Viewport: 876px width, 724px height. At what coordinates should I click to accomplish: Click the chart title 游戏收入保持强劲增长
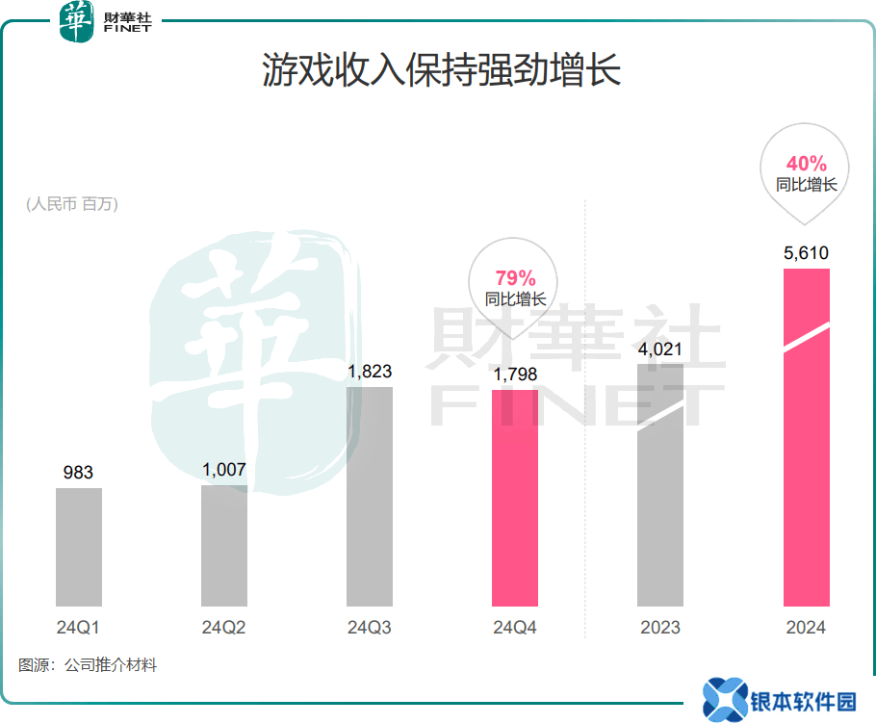tap(441, 71)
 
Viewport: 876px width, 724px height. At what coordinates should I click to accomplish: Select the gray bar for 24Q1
tap(79, 547)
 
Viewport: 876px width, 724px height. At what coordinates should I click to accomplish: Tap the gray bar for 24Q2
tap(224, 545)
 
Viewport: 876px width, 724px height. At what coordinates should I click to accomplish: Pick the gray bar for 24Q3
tap(370, 497)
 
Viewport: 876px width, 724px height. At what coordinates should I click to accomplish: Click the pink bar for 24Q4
tap(515, 498)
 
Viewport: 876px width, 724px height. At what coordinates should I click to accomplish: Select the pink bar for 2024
tap(807, 438)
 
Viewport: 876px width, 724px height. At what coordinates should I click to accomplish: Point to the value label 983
tap(78, 473)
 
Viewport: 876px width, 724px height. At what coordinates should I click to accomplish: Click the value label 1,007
tap(224, 470)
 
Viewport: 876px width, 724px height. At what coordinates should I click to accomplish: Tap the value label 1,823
tap(370, 372)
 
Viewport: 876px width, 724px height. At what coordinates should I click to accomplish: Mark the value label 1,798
tap(515, 374)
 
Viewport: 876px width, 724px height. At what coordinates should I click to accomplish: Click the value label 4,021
tap(660, 349)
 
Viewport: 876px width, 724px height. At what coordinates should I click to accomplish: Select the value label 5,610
tap(807, 253)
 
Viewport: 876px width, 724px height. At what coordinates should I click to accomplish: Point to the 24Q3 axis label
tap(370, 628)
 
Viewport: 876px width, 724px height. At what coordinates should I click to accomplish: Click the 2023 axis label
tap(660, 628)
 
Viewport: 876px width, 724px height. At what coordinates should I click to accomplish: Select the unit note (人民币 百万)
tap(72, 203)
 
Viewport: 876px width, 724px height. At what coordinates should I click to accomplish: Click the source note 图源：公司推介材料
tap(88, 665)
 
